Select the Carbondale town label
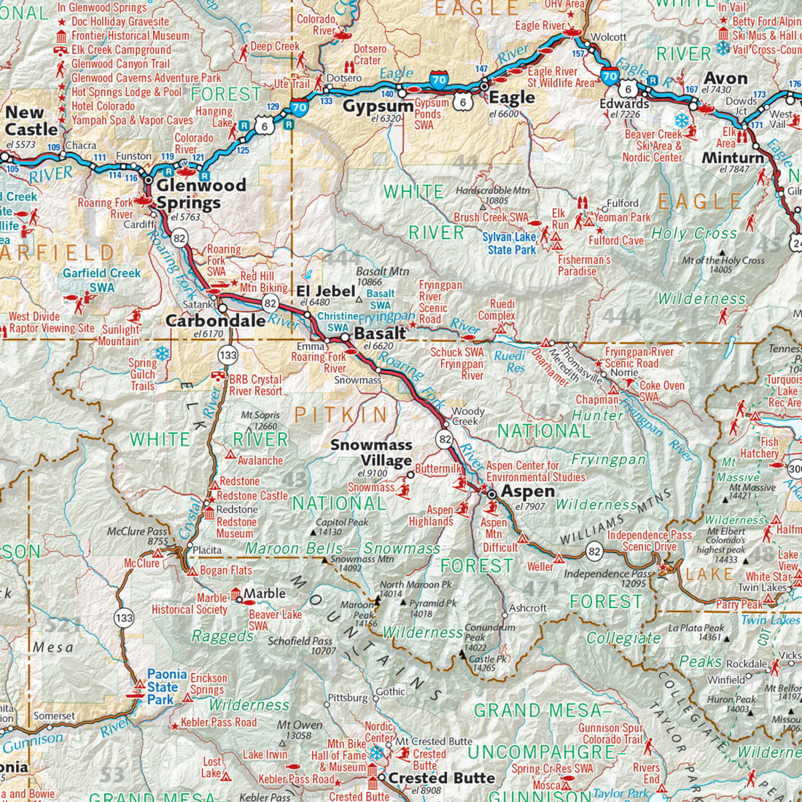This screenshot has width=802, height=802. pos(215,321)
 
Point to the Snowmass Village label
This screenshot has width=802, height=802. pos(371,453)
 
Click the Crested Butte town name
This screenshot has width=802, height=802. pos(441,778)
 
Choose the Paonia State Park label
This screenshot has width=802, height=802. pos(167,687)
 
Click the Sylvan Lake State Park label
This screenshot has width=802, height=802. pos(509,244)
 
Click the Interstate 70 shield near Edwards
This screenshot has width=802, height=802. pos(610,75)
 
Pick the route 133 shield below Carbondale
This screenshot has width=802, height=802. pos(227,355)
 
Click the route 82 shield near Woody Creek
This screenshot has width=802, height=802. pos(445,439)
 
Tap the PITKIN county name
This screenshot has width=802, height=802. pos(340,416)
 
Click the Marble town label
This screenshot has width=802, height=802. pos(264,593)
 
